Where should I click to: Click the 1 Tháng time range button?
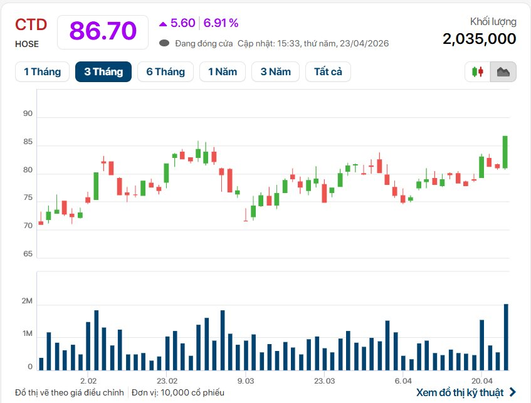(x=42, y=71)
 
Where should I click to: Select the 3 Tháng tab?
(x=103, y=71)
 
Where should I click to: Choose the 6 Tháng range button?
(x=166, y=71)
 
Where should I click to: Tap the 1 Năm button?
(x=223, y=71)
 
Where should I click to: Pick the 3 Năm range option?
(x=276, y=71)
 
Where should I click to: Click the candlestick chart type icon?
(x=478, y=72)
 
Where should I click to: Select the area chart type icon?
(x=503, y=72)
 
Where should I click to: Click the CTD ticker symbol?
(x=31, y=24)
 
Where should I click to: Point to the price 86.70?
(x=103, y=31)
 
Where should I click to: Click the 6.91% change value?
(x=221, y=23)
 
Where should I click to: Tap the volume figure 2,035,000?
(x=479, y=39)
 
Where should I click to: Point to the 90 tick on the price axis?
(x=28, y=113)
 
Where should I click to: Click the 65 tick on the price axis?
(x=28, y=254)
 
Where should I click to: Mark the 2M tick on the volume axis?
(x=26, y=301)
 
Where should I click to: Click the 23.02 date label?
(x=167, y=380)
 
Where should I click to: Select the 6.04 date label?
(x=403, y=380)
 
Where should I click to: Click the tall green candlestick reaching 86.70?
(x=505, y=152)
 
